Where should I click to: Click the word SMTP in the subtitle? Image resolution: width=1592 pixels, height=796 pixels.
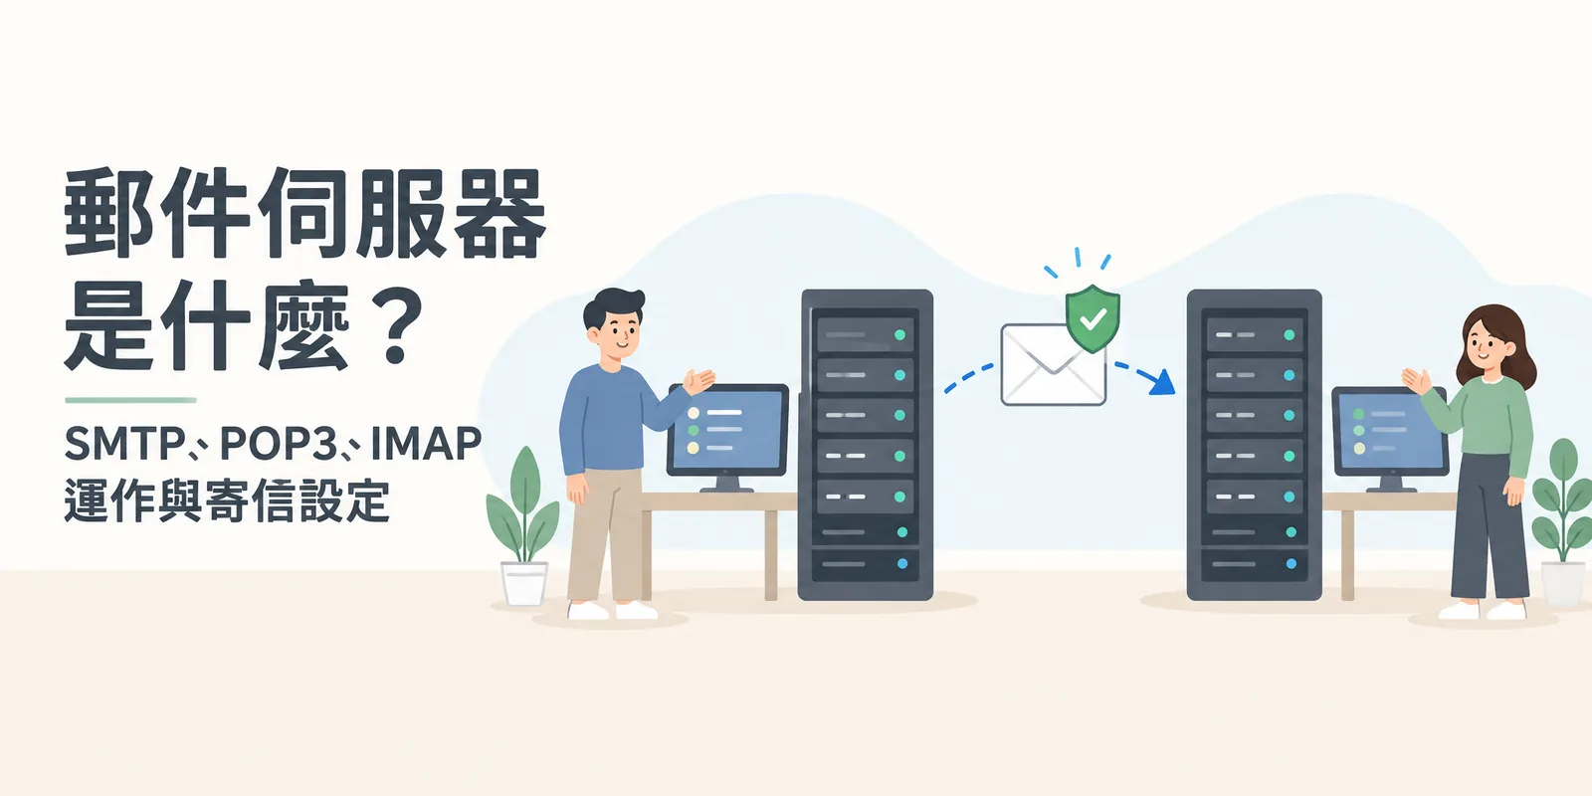(x=124, y=444)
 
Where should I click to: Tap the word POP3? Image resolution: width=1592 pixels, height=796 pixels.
(x=278, y=444)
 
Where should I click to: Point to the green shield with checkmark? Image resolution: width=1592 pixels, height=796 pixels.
(x=1093, y=318)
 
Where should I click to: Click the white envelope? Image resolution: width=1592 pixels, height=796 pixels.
(x=1054, y=364)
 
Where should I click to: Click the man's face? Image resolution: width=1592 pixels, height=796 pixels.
(x=617, y=330)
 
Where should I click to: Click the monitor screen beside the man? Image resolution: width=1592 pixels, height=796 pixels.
(x=727, y=429)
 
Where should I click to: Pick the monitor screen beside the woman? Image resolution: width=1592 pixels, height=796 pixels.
(x=1389, y=431)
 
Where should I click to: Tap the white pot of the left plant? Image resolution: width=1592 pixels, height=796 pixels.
(x=524, y=583)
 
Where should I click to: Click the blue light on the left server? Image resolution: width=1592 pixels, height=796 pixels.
(x=902, y=563)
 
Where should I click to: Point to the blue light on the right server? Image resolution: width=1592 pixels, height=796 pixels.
(x=1292, y=563)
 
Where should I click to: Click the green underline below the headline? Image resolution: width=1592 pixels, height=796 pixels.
(x=130, y=400)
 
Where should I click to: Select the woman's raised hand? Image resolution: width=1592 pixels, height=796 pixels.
(x=1416, y=382)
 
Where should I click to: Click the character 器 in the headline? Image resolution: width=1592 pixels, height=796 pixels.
(x=499, y=213)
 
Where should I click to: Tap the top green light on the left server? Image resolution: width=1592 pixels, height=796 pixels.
(x=899, y=334)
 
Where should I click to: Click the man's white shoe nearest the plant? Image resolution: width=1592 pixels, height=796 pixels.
(x=587, y=611)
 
